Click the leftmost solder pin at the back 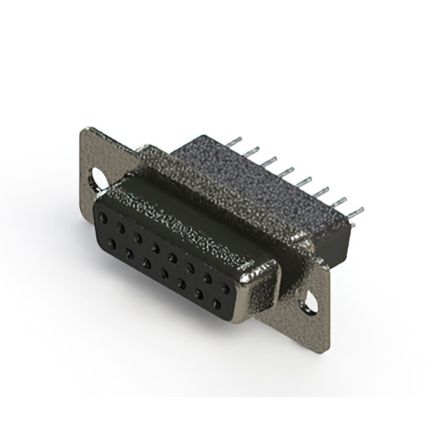[231, 141]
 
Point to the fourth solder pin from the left [285, 170]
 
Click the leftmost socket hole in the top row [103, 218]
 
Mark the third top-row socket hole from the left [138, 238]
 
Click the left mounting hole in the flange [98, 179]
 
